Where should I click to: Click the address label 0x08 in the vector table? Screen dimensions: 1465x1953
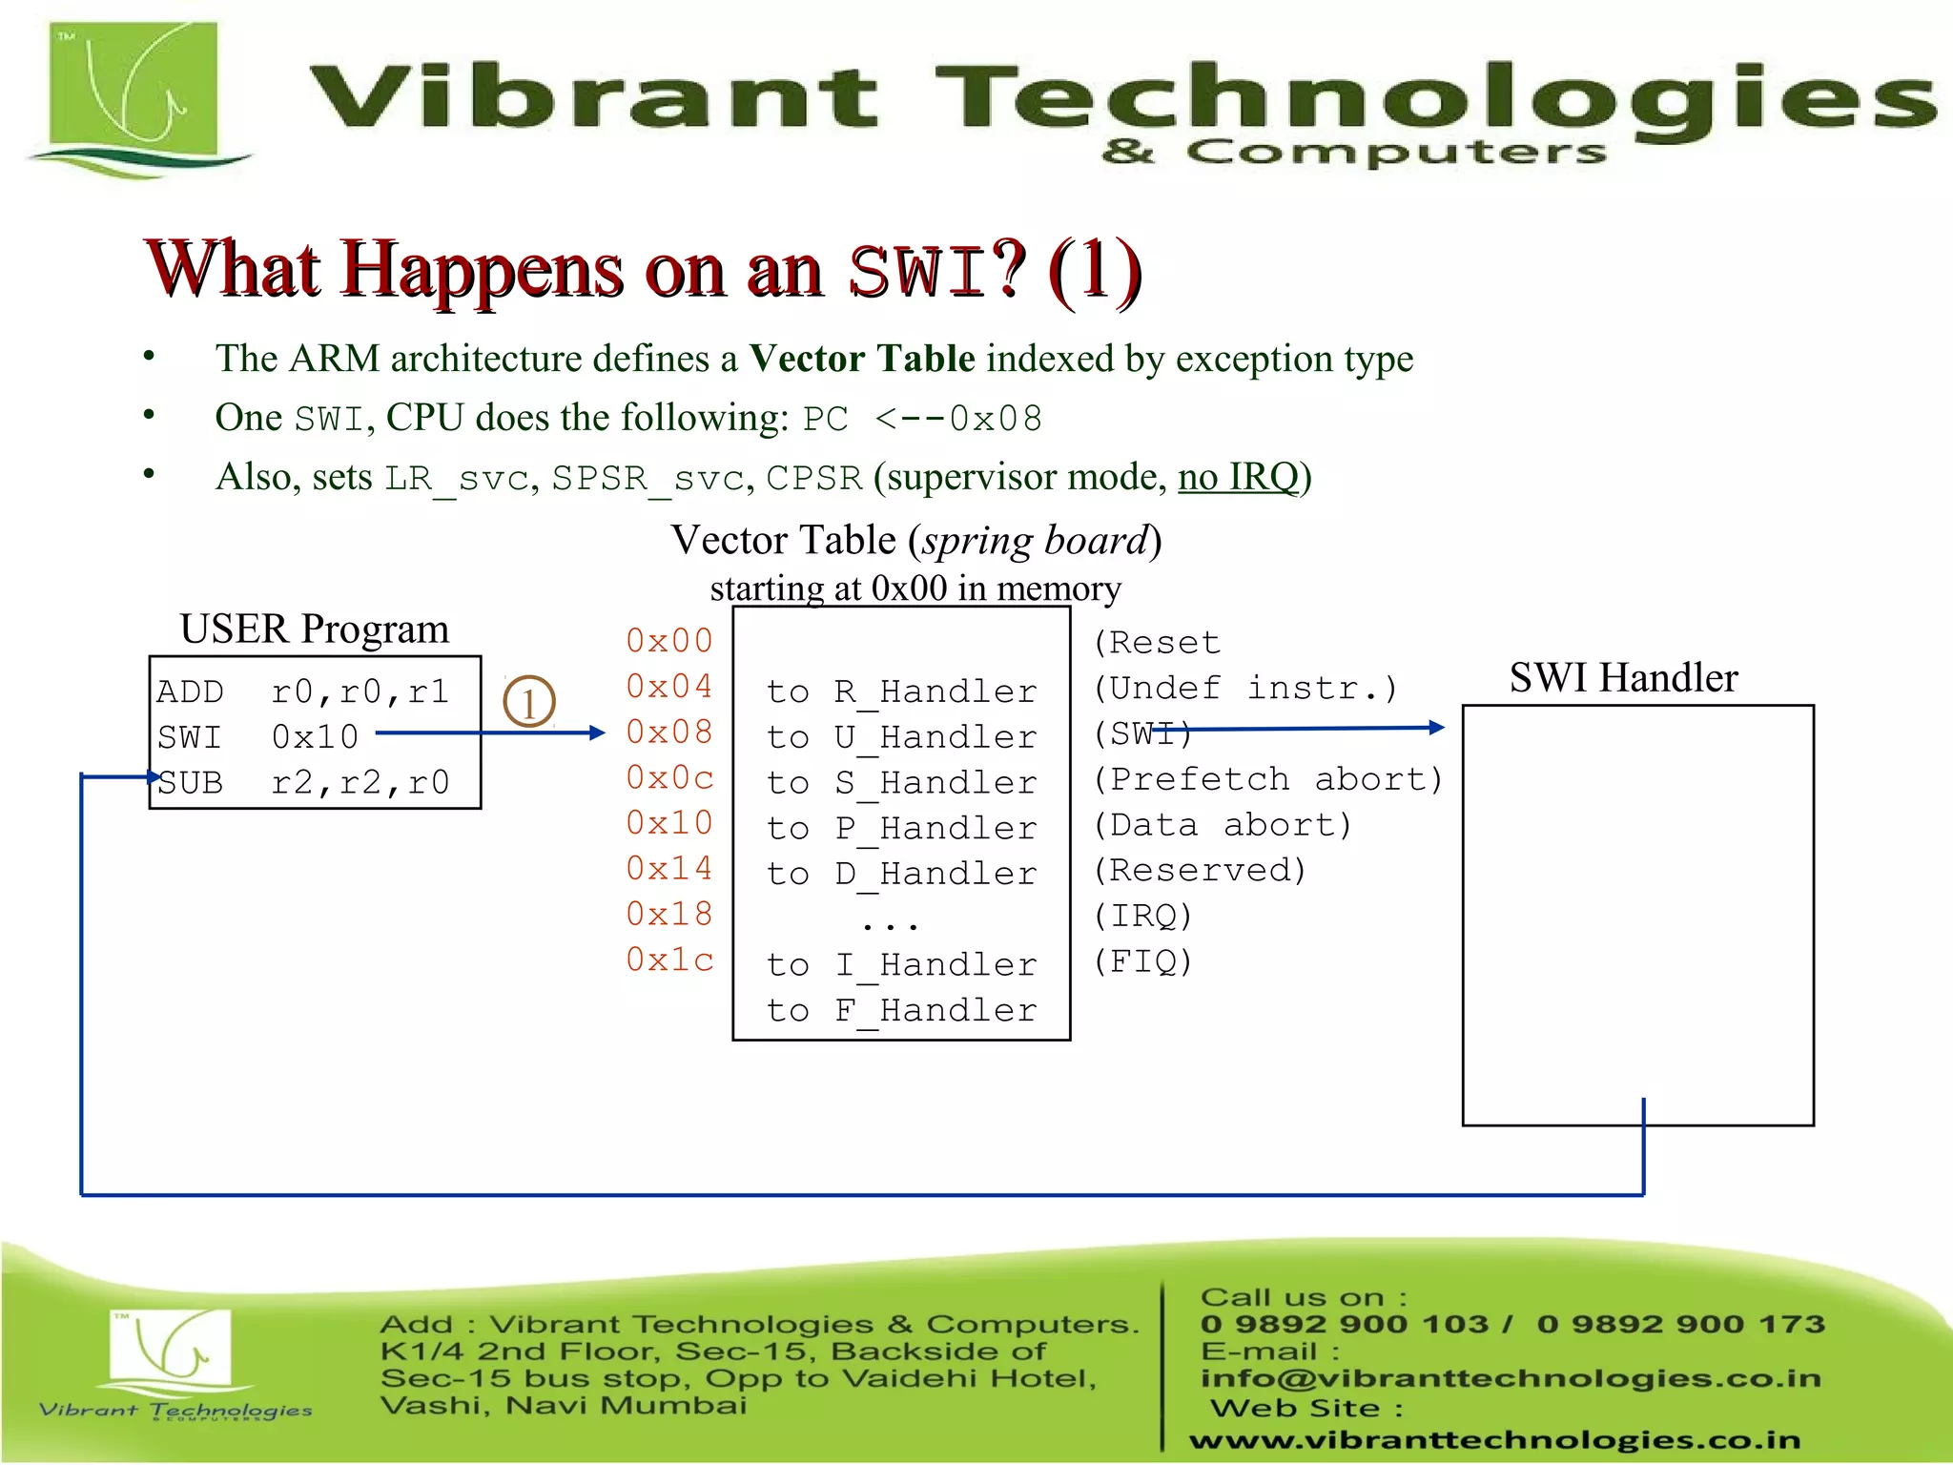pyautogui.click(x=669, y=732)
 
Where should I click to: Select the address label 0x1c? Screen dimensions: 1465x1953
pyautogui.click(x=669, y=959)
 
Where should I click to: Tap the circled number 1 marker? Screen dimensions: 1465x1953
pyautogui.click(x=528, y=703)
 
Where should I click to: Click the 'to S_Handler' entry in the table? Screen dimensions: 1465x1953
pyautogui.click(x=901, y=783)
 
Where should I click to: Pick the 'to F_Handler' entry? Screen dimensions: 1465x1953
pyautogui.click(x=901, y=1011)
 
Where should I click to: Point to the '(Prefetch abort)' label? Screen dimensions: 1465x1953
pyautogui.click(x=1268, y=779)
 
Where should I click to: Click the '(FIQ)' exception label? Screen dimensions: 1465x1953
pyautogui.click(x=1142, y=961)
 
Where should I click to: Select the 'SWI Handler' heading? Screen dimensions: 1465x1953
pyautogui.click(x=1623, y=678)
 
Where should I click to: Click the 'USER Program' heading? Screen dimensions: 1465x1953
pyautogui.click(x=315, y=629)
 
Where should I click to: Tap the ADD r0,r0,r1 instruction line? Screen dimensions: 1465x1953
pyautogui.click(x=303, y=691)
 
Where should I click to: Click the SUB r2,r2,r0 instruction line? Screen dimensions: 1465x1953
pyautogui.click(x=303, y=783)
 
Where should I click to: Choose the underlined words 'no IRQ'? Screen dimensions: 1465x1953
pyautogui.click(x=1239, y=477)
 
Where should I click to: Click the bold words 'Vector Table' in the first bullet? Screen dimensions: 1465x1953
pyautogui.click(x=862, y=359)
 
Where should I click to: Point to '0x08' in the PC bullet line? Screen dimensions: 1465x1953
pyautogui.click(x=996, y=419)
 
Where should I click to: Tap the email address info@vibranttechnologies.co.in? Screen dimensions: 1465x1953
pyautogui.click(x=1511, y=1378)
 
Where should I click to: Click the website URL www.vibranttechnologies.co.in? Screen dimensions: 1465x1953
pyautogui.click(x=1494, y=1439)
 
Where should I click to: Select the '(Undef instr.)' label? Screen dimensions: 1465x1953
pyautogui.click(x=1245, y=688)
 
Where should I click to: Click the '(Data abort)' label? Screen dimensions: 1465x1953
pyautogui.click(x=1223, y=825)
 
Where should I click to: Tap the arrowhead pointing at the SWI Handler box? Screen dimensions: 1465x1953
pyautogui.click(x=1437, y=728)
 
